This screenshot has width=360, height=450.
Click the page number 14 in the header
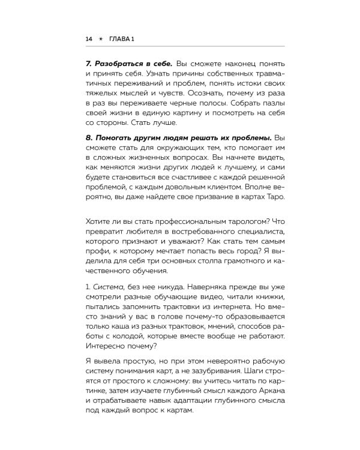pos(89,39)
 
